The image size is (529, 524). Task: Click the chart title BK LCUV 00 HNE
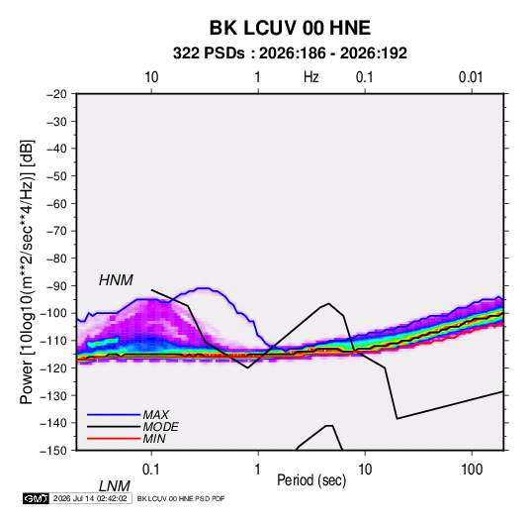[x=290, y=28]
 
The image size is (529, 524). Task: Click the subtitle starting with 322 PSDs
[x=290, y=53]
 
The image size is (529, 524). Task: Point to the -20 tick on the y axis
[x=56, y=94]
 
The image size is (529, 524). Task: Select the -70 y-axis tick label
[x=56, y=231]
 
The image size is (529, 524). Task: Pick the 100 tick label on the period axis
[x=472, y=470]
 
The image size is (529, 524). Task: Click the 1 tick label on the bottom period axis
[x=258, y=470]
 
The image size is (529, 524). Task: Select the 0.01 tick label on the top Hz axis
[x=471, y=77]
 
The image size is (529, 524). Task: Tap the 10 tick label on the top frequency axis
[x=151, y=77]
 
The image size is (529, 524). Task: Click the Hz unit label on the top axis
[x=311, y=77]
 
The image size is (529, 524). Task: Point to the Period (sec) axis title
[x=311, y=480]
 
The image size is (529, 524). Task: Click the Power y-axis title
[x=27, y=272]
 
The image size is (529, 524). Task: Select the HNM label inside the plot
[x=116, y=280]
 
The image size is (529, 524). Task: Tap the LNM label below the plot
[x=115, y=486]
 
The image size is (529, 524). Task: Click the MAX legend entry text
[x=155, y=414]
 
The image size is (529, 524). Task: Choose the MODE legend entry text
[x=160, y=427]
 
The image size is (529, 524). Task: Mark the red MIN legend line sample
[x=114, y=439]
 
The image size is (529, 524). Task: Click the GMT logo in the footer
[x=36, y=498]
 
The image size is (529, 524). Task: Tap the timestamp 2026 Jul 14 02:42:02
[x=90, y=498]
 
